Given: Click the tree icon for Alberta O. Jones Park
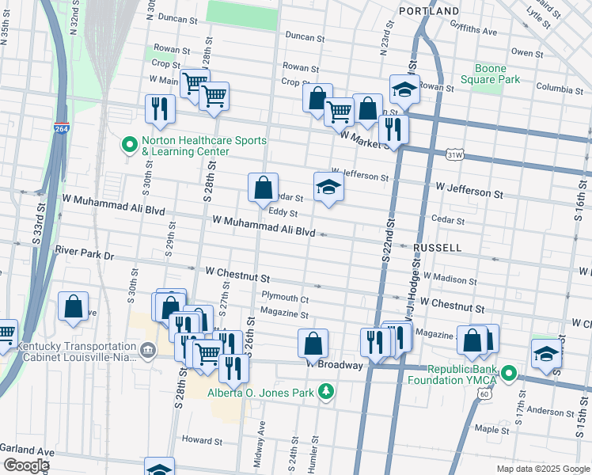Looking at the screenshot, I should click(324, 391).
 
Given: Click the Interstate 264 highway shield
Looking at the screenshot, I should click(62, 129).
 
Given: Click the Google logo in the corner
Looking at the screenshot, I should click(25, 465).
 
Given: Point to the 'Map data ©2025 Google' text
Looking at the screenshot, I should click(543, 469).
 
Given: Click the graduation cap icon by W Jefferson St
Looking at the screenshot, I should click(328, 188).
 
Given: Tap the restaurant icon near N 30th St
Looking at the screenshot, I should click(161, 109).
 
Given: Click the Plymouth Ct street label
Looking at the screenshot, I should click(284, 298).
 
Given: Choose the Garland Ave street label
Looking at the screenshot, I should click(27, 448).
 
